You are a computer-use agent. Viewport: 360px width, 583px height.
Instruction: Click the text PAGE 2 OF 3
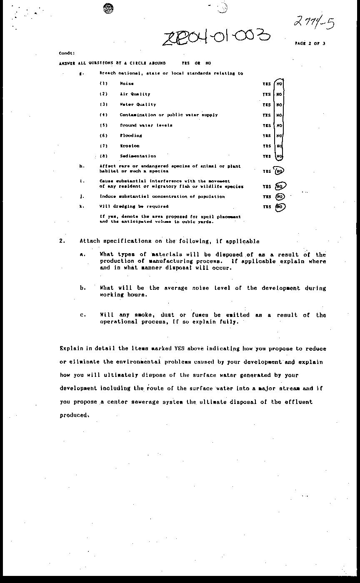tap(310, 43)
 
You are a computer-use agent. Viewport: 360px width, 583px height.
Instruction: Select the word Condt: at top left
tap(67, 53)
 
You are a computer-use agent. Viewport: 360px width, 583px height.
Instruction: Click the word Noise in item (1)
tap(127, 84)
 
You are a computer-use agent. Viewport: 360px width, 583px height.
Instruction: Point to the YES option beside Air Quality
tap(266, 95)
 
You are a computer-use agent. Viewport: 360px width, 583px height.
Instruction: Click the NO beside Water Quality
tap(279, 105)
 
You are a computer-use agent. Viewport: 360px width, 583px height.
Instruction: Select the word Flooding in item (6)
tap(131, 136)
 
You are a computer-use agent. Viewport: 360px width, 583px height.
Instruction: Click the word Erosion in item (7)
tap(130, 146)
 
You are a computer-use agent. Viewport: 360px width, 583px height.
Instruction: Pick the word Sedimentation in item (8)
tap(137, 156)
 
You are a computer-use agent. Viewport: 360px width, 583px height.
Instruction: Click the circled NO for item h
tap(279, 171)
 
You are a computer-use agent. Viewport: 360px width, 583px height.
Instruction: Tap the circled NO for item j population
tap(280, 197)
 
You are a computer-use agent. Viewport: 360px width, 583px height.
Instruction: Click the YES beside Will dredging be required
tap(266, 207)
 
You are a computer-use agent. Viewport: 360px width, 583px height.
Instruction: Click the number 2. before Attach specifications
tap(61, 241)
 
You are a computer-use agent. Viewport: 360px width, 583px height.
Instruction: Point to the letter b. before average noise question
tap(82, 288)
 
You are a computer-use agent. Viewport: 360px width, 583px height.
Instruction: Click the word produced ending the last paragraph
tap(74, 415)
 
